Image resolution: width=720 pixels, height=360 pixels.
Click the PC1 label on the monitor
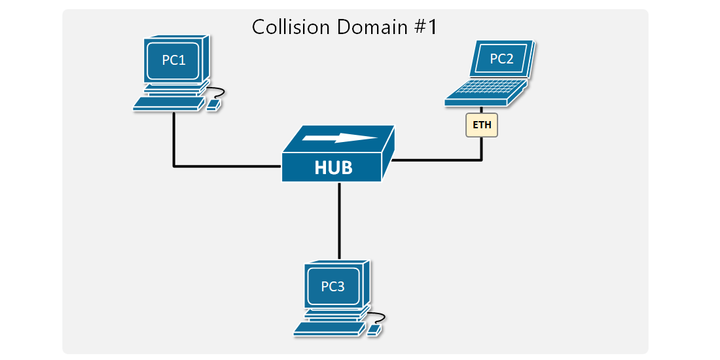(x=173, y=60)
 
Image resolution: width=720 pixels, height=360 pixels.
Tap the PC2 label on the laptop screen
(x=501, y=59)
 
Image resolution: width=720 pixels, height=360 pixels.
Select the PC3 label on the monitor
(x=333, y=286)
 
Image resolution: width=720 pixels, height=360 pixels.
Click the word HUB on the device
(x=333, y=168)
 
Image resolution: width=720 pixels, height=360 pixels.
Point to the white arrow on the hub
(x=340, y=138)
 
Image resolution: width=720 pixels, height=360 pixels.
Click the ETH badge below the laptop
(x=482, y=124)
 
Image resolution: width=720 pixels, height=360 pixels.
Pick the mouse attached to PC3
(x=374, y=330)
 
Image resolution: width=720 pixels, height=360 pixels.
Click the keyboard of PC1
(x=168, y=103)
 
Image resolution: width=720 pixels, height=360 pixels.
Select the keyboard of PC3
(x=328, y=329)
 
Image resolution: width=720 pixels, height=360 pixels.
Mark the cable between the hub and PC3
(x=339, y=223)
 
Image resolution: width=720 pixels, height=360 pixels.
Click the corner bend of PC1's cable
(x=174, y=166)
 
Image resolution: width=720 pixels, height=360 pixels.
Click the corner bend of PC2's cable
(x=482, y=159)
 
